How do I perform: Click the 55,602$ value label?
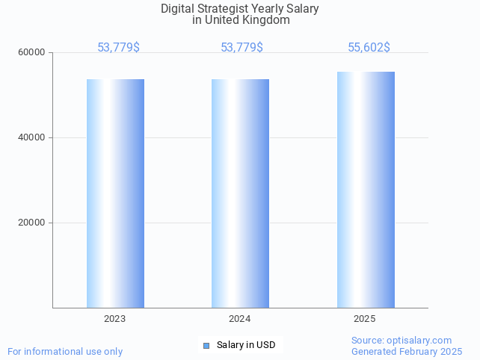point(369,48)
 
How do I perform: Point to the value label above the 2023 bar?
point(118,48)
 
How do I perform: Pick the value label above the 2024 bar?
point(241,48)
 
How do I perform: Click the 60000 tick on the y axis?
point(33,53)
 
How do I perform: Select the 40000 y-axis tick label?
point(33,138)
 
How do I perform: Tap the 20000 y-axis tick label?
point(33,223)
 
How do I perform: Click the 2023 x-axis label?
point(115,319)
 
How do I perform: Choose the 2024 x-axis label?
point(240,319)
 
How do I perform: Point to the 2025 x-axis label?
point(365,319)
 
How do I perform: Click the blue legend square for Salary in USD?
point(206,345)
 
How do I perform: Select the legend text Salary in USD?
point(246,345)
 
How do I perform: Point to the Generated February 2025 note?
point(407,352)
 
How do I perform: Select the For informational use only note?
point(65,352)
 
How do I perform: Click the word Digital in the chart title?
point(176,9)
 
